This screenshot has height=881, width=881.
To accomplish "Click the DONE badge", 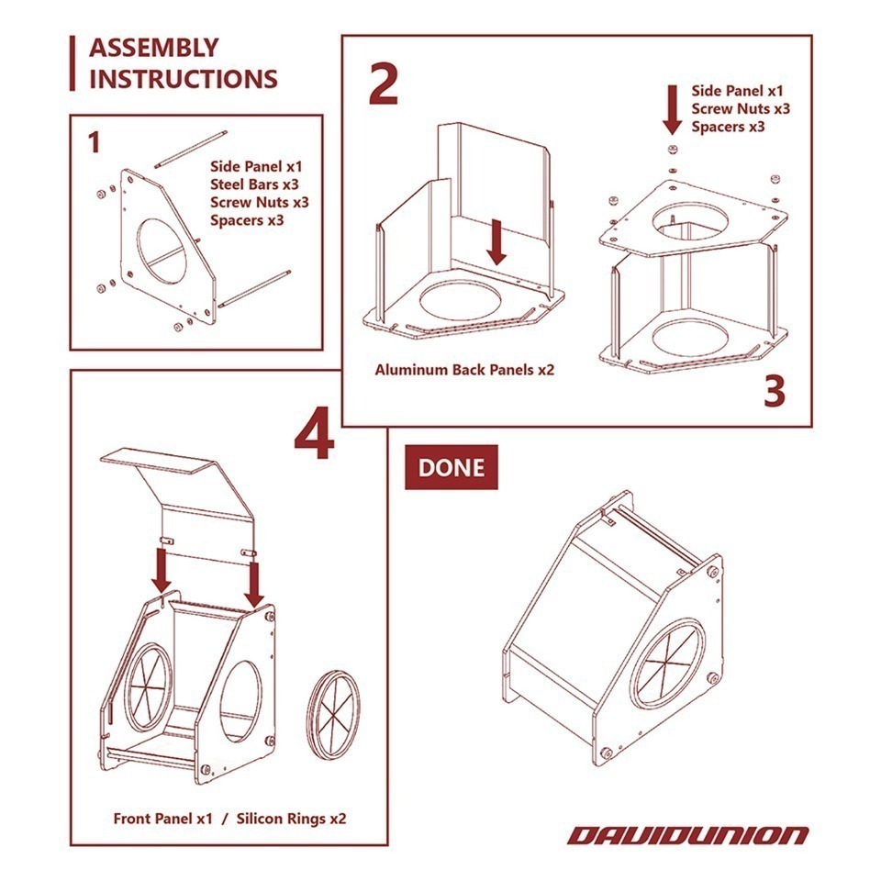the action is click(x=452, y=467).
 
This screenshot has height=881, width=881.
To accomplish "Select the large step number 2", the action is click(x=384, y=84).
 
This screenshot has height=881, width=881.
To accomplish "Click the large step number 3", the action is click(x=775, y=391).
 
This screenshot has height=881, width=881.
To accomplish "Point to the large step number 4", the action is click(x=315, y=440).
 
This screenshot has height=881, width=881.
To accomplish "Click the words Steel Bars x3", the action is click(x=254, y=184).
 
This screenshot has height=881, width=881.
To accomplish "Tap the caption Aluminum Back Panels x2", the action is click(x=464, y=370).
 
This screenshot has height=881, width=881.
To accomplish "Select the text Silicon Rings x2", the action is click(x=291, y=819).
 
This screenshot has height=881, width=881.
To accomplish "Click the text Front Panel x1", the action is click(x=163, y=819).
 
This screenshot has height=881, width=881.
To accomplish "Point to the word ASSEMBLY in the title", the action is click(x=153, y=48).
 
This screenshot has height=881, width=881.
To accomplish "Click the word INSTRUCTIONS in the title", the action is click(x=184, y=79).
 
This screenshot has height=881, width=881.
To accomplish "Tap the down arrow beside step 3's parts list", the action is click(x=672, y=109).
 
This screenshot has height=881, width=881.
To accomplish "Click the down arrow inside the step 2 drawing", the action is click(x=496, y=242).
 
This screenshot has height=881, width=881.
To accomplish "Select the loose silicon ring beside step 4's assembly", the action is click(x=336, y=714).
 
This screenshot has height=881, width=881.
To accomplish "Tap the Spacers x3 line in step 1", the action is click(x=247, y=219).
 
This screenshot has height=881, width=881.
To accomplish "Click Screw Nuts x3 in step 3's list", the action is click(x=741, y=108).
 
